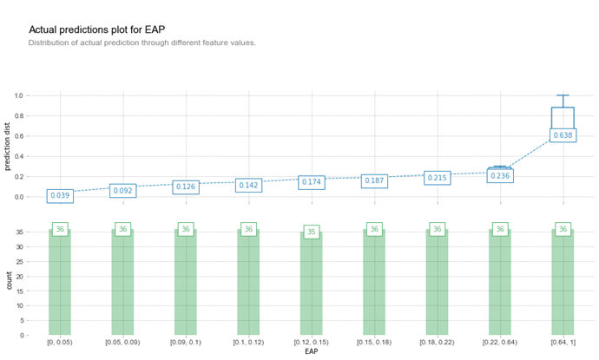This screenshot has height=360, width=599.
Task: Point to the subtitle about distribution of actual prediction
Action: click(x=142, y=43)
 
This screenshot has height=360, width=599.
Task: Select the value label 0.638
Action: click(x=563, y=135)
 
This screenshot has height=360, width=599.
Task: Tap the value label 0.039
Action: click(x=60, y=196)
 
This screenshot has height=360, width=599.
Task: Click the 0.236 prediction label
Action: click(x=500, y=176)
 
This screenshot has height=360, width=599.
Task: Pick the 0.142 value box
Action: click(x=248, y=185)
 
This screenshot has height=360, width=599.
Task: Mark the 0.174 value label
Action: click(x=312, y=182)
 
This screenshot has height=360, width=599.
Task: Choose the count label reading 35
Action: click(x=312, y=232)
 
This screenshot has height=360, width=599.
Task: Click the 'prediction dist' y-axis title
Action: click(x=8, y=146)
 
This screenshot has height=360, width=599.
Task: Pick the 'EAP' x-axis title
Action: click(x=311, y=351)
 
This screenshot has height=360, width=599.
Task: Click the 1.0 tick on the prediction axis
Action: click(x=20, y=95)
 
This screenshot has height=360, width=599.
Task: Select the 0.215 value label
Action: click(x=438, y=178)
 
